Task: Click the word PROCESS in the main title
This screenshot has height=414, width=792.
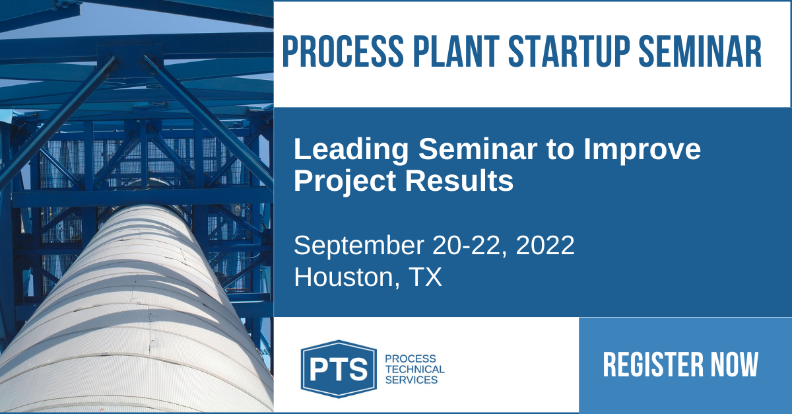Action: [343, 52]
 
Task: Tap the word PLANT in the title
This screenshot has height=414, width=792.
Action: [456, 52]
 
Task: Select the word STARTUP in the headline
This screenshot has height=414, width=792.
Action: [569, 52]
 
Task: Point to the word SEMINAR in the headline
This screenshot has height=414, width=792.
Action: [700, 52]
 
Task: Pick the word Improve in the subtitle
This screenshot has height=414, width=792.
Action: [642, 150]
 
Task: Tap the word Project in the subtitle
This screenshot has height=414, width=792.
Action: [345, 181]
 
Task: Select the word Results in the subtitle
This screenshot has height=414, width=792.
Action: [459, 181]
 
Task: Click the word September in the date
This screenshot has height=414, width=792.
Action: [359, 246]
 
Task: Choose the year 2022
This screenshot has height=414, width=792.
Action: [545, 245]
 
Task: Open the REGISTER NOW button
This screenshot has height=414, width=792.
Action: [685, 365]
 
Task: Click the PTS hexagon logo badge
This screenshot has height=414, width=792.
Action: [339, 369]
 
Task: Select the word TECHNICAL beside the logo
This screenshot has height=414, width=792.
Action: [414, 369]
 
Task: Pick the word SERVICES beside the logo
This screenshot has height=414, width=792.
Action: [412, 380]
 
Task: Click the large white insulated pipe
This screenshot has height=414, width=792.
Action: [135, 318]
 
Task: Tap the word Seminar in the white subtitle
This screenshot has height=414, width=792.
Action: [478, 149]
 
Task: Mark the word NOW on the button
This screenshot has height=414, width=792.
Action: [735, 364]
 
